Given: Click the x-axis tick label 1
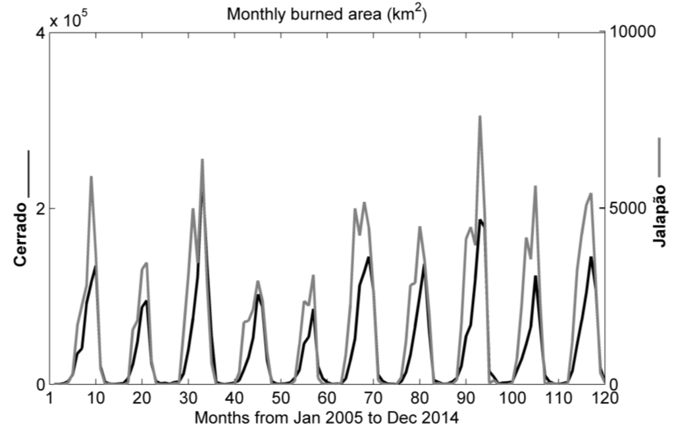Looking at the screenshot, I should coord(49,398).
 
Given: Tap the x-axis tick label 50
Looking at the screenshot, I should coord(281,398).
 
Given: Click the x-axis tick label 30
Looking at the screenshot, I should coord(188,398).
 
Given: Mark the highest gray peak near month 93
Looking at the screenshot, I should coord(480,117).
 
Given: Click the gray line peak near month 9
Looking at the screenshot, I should coord(91,177).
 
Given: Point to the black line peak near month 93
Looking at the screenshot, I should coord(480,220).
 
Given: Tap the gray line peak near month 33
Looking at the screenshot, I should coord(202,159).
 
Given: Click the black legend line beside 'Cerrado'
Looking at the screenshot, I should coord(27,173).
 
